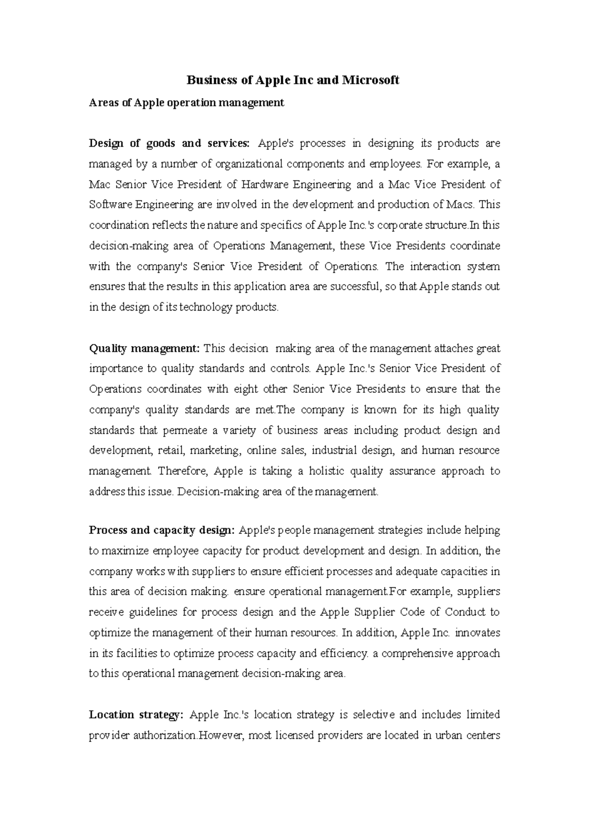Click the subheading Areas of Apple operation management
pos(187,103)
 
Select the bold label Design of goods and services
pos(169,144)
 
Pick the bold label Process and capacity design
pos(162,530)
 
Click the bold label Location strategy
pos(135,715)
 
